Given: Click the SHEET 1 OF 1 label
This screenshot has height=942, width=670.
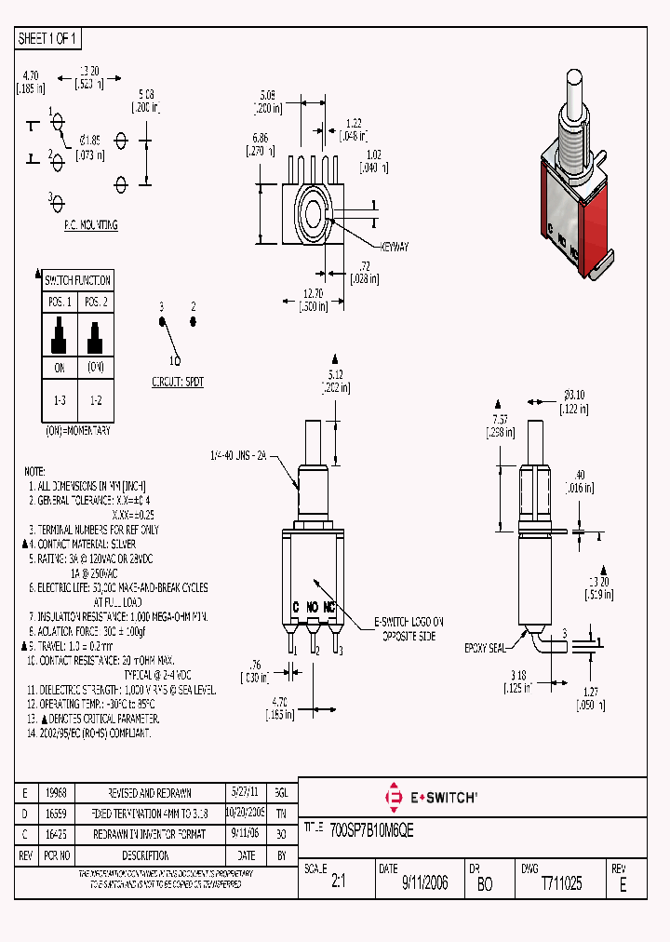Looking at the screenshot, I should [x=49, y=38].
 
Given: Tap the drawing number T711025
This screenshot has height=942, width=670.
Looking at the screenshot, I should [x=561, y=883].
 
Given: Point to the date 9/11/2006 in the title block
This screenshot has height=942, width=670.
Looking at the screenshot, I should [x=424, y=883].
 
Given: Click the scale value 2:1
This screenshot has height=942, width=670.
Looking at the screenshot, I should [x=338, y=883].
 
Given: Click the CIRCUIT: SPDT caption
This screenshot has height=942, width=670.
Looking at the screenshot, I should [x=179, y=382].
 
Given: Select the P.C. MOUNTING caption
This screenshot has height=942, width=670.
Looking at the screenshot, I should [x=90, y=225].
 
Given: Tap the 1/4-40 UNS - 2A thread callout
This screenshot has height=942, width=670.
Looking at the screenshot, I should [x=239, y=455].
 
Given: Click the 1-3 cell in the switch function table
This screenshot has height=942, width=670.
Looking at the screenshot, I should [x=59, y=397].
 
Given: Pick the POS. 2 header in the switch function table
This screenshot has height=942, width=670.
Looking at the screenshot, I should [x=96, y=302].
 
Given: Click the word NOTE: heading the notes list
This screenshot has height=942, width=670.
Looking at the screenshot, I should [x=34, y=472].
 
